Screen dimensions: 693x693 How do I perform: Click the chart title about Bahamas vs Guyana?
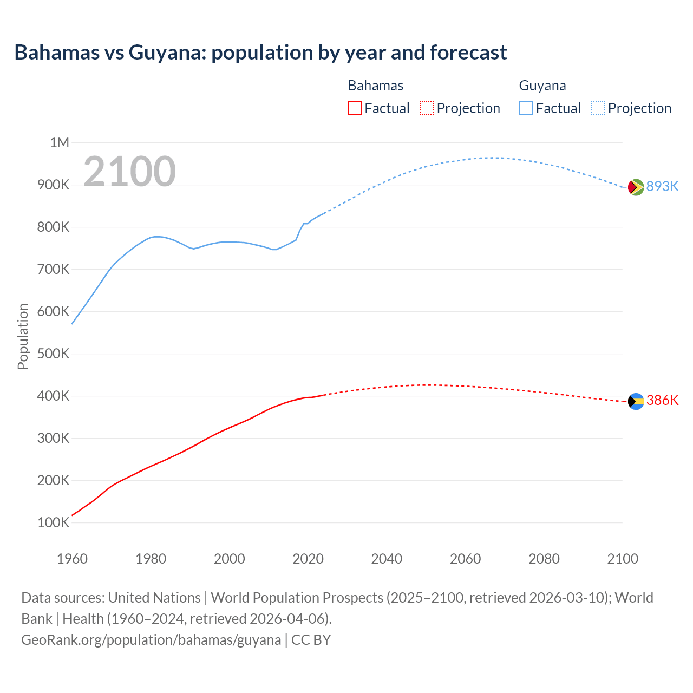point(260,53)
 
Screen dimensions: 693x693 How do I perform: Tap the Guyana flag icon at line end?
point(636,187)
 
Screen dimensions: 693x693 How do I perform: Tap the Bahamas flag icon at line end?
point(636,401)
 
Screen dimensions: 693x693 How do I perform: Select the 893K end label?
point(662,186)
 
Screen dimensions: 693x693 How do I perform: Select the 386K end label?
point(662,400)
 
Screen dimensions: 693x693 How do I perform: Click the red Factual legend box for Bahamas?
point(354,108)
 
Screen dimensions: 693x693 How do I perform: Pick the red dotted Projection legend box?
point(427,108)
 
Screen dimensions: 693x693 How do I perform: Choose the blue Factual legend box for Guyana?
point(525,108)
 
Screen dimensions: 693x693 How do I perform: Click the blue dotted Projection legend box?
point(598,108)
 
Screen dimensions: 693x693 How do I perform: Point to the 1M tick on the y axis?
point(60,142)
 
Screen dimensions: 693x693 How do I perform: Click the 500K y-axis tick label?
point(53,354)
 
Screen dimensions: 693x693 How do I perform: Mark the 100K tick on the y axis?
point(53,522)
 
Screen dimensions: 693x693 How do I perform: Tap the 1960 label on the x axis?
point(72,559)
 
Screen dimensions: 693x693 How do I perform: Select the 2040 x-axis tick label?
point(387,559)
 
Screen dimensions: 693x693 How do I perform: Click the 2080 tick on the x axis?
point(544,559)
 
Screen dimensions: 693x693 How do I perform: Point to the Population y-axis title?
point(23,336)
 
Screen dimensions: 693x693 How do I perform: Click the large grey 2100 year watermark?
point(129,172)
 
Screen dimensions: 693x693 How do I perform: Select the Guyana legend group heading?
point(542,86)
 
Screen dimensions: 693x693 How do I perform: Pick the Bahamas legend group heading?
point(375,86)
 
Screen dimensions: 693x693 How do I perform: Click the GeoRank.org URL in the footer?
point(151,639)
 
